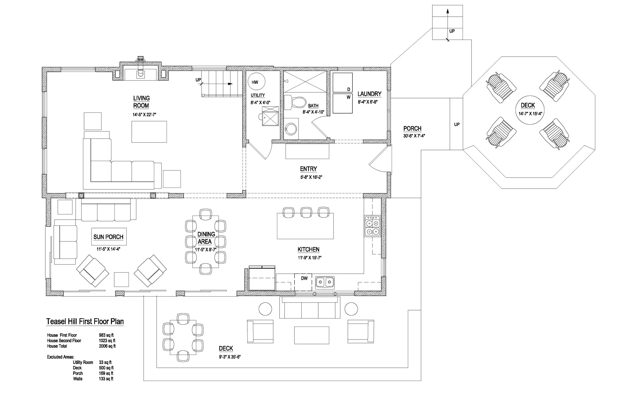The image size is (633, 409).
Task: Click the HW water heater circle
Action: (256, 82)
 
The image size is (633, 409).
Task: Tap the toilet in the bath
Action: (295, 103)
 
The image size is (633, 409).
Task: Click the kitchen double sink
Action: (325, 282)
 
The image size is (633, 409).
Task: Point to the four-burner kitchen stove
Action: (372, 226)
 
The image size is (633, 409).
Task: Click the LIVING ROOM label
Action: (141, 102)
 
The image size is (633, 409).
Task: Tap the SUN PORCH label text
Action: (108, 237)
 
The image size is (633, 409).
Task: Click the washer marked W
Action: (343, 103)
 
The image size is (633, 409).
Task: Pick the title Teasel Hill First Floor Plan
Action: (85, 322)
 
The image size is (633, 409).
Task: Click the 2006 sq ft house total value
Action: (107, 346)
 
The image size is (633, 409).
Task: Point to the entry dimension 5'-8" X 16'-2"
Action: (311, 177)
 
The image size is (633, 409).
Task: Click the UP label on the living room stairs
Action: (198, 80)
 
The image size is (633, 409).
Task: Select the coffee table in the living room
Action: (149, 132)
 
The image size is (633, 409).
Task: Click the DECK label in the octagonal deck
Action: (528, 105)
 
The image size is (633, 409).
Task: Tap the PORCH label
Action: (412, 129)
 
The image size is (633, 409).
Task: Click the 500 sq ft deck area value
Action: (106, 368)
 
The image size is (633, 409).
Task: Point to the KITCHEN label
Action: (308, 249)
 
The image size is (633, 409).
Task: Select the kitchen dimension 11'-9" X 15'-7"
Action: (310, 258)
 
